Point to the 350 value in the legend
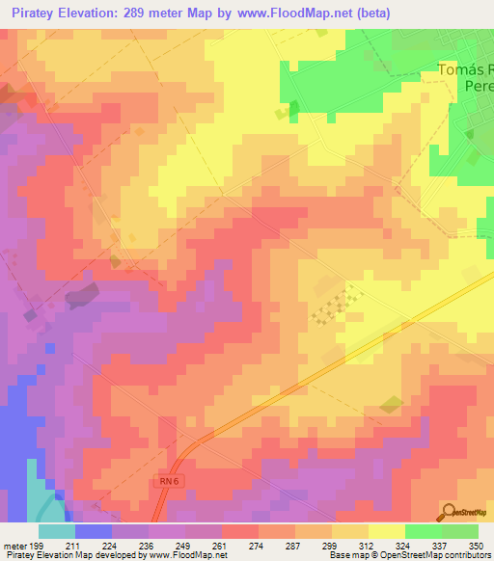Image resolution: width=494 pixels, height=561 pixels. [x=477, y=545]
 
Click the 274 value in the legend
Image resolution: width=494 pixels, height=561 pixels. [x=257, y=545]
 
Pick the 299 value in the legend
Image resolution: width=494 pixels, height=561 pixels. [x=330, y=545]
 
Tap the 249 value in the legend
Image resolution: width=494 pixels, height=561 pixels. [x=183, y=545]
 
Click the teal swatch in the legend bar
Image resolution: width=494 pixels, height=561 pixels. [x=57, y=530]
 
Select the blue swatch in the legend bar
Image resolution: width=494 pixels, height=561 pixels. [x=94, y=530]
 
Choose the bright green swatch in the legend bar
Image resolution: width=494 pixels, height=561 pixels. [x=423, y=530]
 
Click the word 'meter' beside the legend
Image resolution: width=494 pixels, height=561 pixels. [x=16, y=545]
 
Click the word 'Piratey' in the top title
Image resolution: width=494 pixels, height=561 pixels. [x=39, y=13]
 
